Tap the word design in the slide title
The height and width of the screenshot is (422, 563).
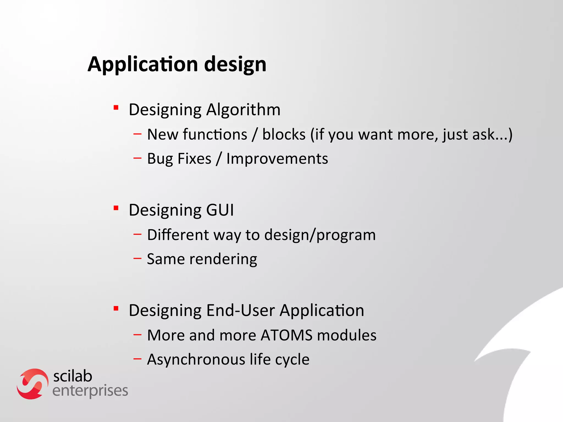tap(235, 64)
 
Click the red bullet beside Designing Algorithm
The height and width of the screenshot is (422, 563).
tap(116, 107)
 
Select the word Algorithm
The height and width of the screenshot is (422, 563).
tap(243, 110)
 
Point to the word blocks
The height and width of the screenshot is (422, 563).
tap(284, 134)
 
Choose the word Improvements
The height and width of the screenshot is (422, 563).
tap(277, 159)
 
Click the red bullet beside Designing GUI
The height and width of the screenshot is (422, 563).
tap(116, 208)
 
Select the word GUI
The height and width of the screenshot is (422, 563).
tap(220, 210)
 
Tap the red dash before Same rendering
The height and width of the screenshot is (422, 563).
tap(137, 258)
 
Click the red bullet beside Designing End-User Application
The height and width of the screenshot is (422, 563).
tap(116, 309)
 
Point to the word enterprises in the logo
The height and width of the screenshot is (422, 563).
tap(90, 391)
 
